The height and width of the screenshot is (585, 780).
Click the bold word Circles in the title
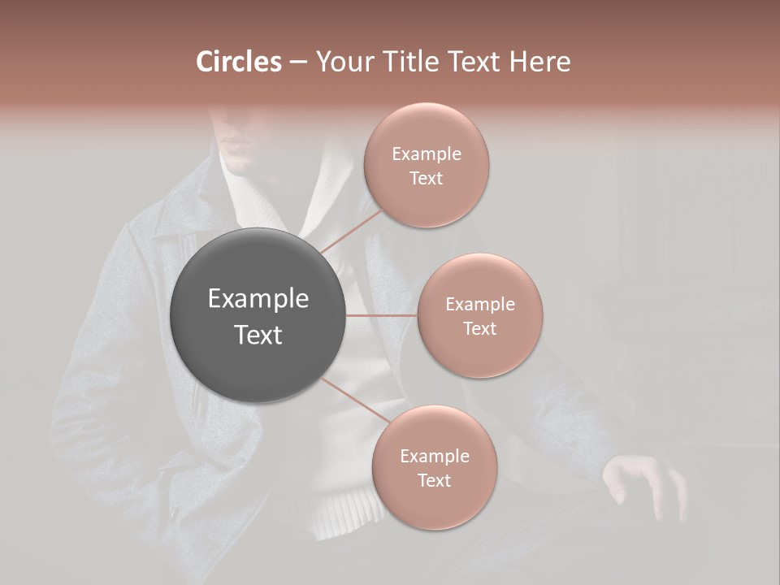pos(239,62)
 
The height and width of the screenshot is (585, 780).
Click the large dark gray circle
pos(258,315)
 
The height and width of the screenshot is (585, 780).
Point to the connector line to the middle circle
pos(381,315)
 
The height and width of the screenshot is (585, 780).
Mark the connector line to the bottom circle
pos(354,401)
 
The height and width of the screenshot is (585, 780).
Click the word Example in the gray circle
pos(258,299)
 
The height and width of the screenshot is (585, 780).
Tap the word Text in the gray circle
pos(258,335)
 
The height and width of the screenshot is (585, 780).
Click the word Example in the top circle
pos(426,154)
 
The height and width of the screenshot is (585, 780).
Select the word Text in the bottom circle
pos(434,480)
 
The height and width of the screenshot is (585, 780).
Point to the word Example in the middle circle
pos(479,305)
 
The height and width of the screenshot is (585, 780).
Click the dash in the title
pos(297,63)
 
